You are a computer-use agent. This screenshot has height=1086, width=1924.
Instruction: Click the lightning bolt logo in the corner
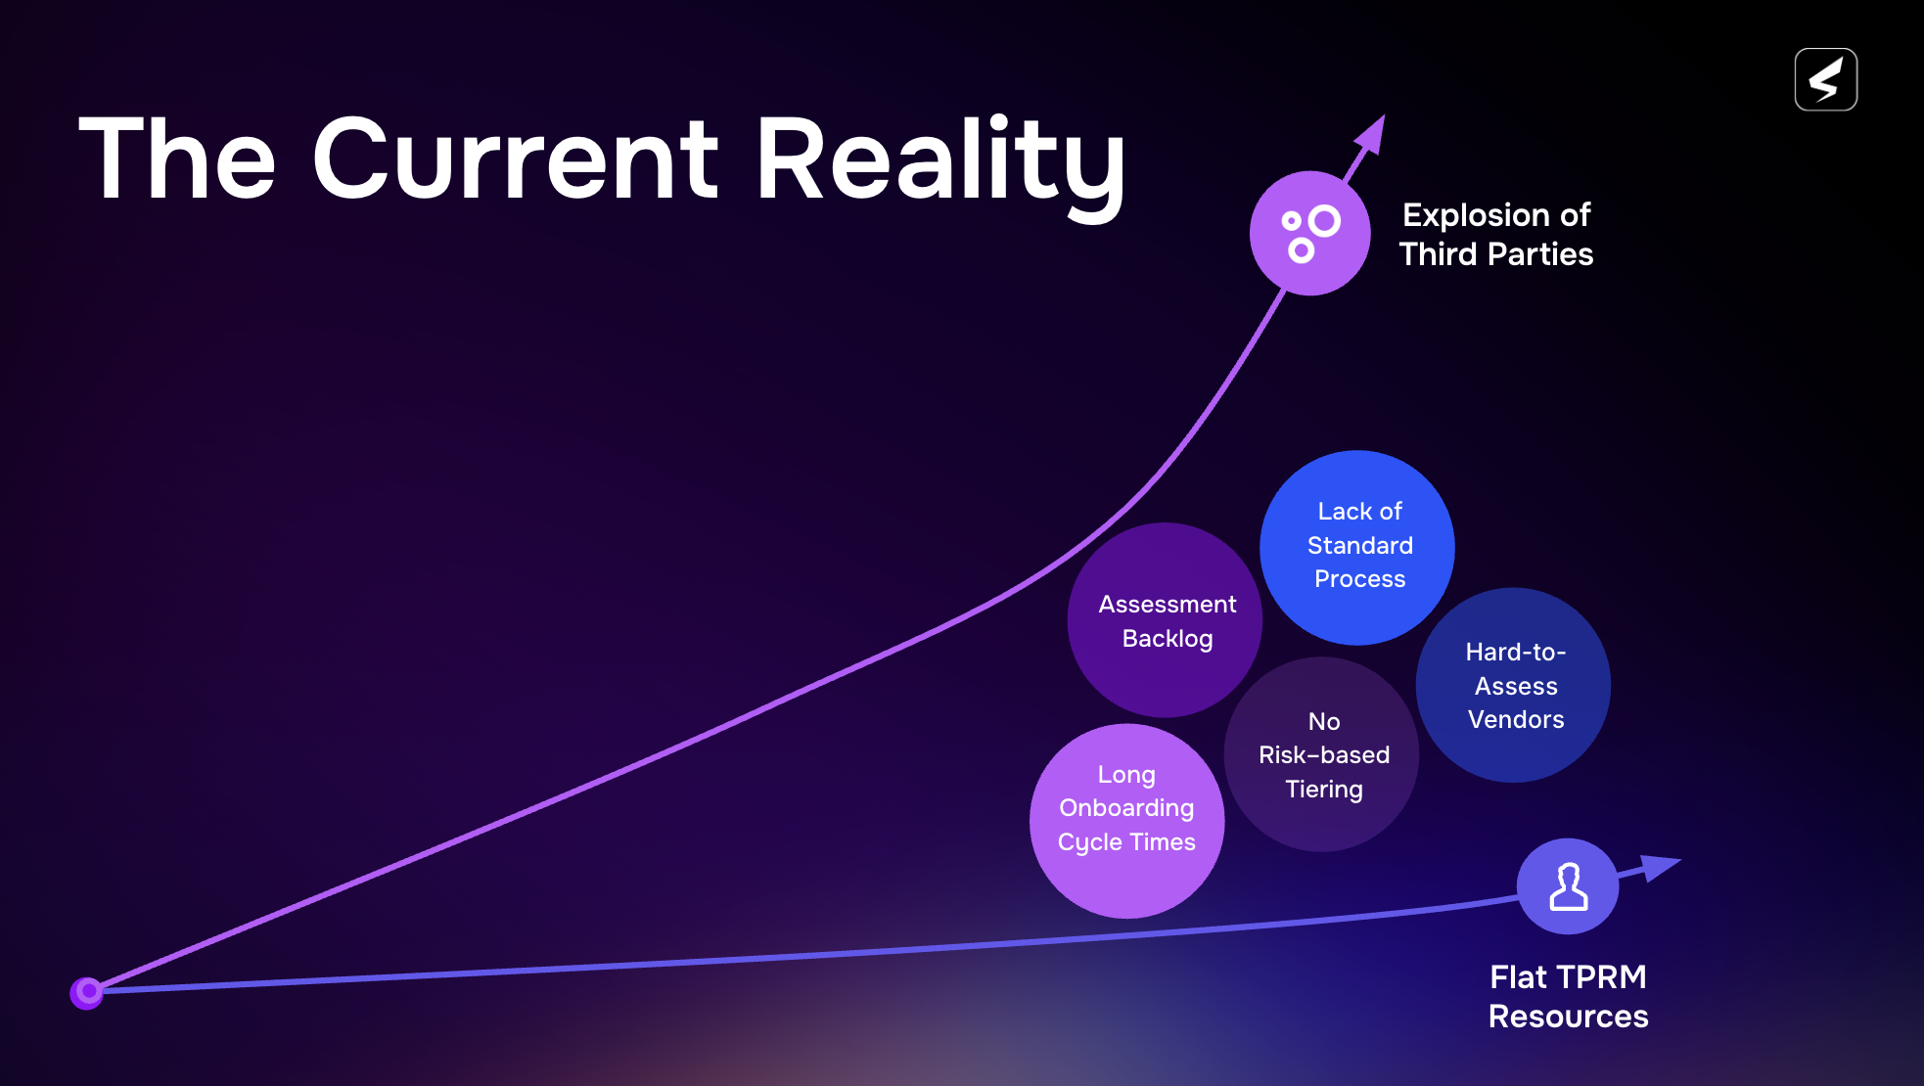(1826, 79)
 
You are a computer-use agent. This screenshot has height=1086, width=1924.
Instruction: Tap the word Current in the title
(516, 158)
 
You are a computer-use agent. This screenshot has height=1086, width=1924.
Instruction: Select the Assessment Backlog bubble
(1166, 620)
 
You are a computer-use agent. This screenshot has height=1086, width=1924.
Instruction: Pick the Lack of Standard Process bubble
(1357, 548)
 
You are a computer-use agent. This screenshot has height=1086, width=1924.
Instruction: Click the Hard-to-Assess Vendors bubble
(1514, 685)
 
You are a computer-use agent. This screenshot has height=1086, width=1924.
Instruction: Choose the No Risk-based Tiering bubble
(1322, 754)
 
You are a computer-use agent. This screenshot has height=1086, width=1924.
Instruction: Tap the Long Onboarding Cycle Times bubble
(1127, 821)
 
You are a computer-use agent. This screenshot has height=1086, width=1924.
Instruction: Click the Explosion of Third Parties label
(1496, 235)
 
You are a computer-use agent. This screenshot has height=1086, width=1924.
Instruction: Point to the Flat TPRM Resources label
(1568, 996)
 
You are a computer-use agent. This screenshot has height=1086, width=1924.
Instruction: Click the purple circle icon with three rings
(1310, 233)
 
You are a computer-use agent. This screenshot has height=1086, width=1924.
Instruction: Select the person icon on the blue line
(1568, 887)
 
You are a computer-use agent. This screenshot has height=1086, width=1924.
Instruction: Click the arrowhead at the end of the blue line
(1661, 868)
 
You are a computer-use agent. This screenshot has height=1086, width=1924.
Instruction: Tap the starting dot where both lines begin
(87, 992)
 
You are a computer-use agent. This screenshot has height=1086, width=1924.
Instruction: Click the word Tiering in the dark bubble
(1323, 790)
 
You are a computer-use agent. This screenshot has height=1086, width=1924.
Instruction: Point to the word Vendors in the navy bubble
(1516, 719)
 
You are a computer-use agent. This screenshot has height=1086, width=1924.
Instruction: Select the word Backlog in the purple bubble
(1168, 639)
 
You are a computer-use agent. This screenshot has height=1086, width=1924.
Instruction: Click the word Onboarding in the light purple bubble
(1126, 809)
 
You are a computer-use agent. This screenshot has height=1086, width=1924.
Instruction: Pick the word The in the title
(177, 158)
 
